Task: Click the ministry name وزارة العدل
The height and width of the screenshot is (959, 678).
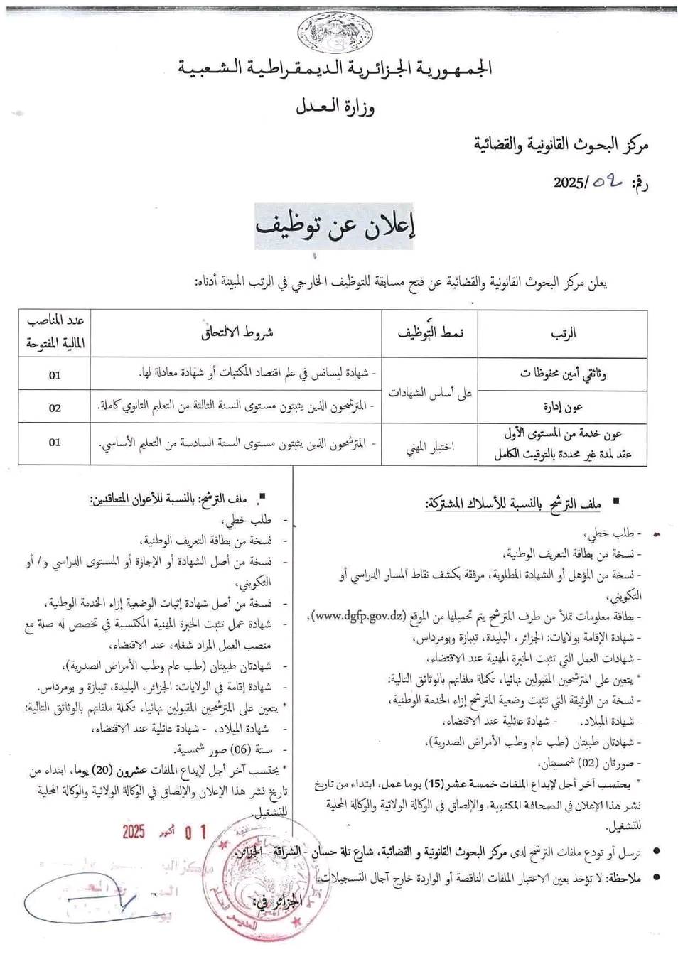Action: (335, 107)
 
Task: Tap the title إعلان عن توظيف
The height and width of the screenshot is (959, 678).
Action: (335, 227)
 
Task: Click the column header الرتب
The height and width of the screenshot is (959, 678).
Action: (563, 332)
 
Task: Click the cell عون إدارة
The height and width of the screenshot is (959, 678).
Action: (564, 407)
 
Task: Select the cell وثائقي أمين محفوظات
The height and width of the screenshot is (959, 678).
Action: (563, 372)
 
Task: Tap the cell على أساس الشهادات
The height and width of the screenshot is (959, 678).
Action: (431, 391)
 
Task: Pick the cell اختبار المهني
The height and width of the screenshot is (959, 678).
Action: (430, 446)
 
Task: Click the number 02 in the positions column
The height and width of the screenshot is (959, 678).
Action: (55, 408)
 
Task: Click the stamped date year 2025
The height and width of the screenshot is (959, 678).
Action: (133, 831)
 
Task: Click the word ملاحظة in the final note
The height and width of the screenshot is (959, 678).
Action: (625, 879)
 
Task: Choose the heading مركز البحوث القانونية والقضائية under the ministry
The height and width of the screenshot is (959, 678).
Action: (561, 145)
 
